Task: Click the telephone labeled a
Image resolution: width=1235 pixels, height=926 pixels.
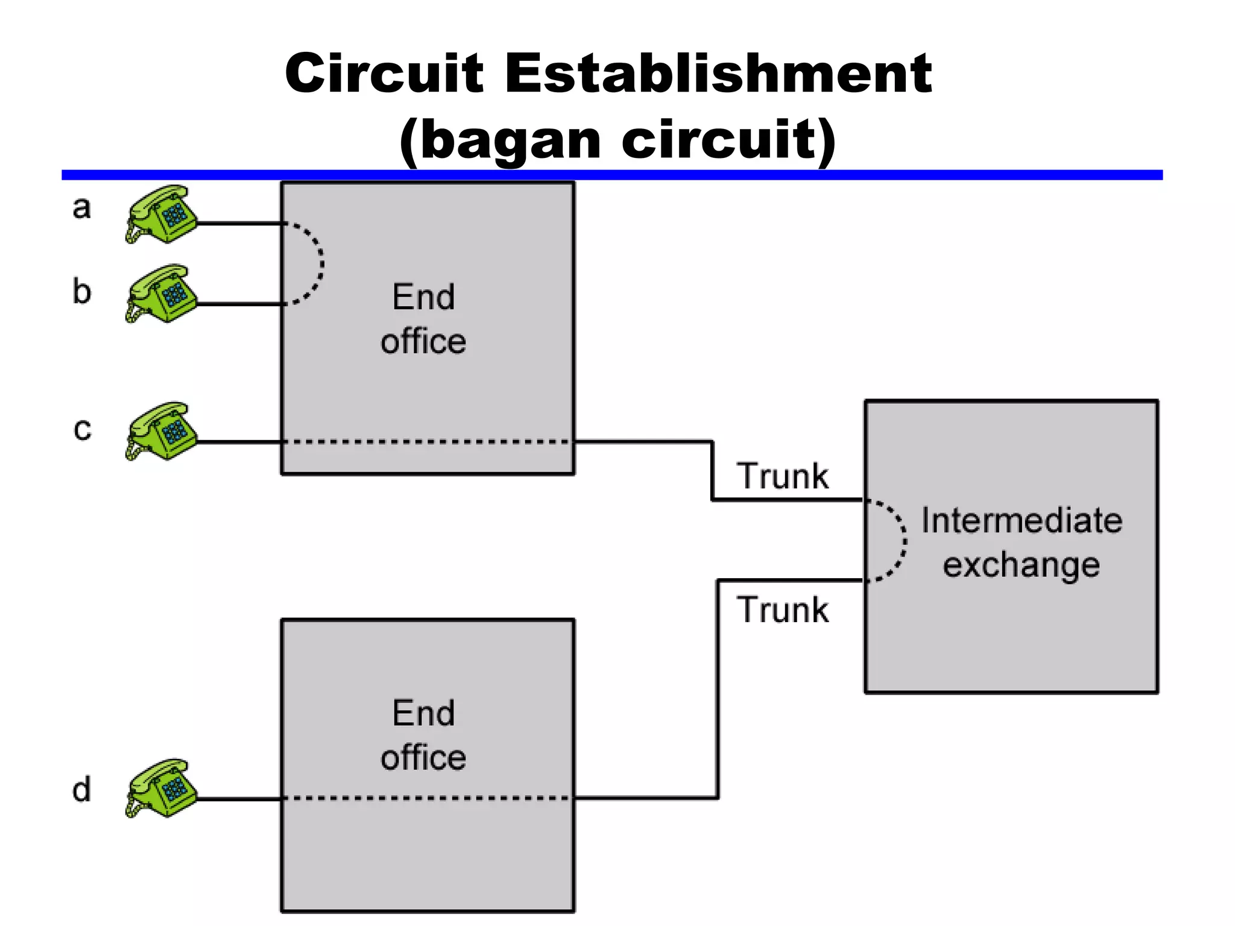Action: [x=162, y=214]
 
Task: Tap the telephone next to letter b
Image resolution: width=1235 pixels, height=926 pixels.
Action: [x=162, y=294]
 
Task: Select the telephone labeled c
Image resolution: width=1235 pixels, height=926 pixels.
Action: [x=162, y=431]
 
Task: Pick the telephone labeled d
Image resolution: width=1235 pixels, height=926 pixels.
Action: [x=162, y=788]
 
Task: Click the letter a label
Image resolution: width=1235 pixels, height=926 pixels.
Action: [x=81, y=208]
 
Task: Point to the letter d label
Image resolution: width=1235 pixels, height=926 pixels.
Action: [x=81, y=789]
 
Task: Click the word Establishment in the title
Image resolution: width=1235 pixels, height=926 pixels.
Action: [x=718, y=74]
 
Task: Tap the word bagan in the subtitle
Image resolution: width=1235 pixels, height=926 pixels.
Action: [x=510, y=140]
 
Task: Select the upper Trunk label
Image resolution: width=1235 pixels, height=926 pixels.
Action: [x=783, y=476]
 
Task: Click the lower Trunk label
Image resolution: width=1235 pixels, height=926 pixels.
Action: [x=783, y=609]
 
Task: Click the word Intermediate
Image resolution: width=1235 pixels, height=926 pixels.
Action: [x=1022, y=521]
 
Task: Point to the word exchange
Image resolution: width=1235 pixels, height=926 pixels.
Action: [x=1022, y=565]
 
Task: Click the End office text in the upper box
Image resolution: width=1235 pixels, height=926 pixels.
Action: [x=423, y=319]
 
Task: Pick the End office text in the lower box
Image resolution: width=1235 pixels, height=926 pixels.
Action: [x=423, y=735]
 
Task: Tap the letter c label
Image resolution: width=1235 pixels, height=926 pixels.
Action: [x=82, y=430]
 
